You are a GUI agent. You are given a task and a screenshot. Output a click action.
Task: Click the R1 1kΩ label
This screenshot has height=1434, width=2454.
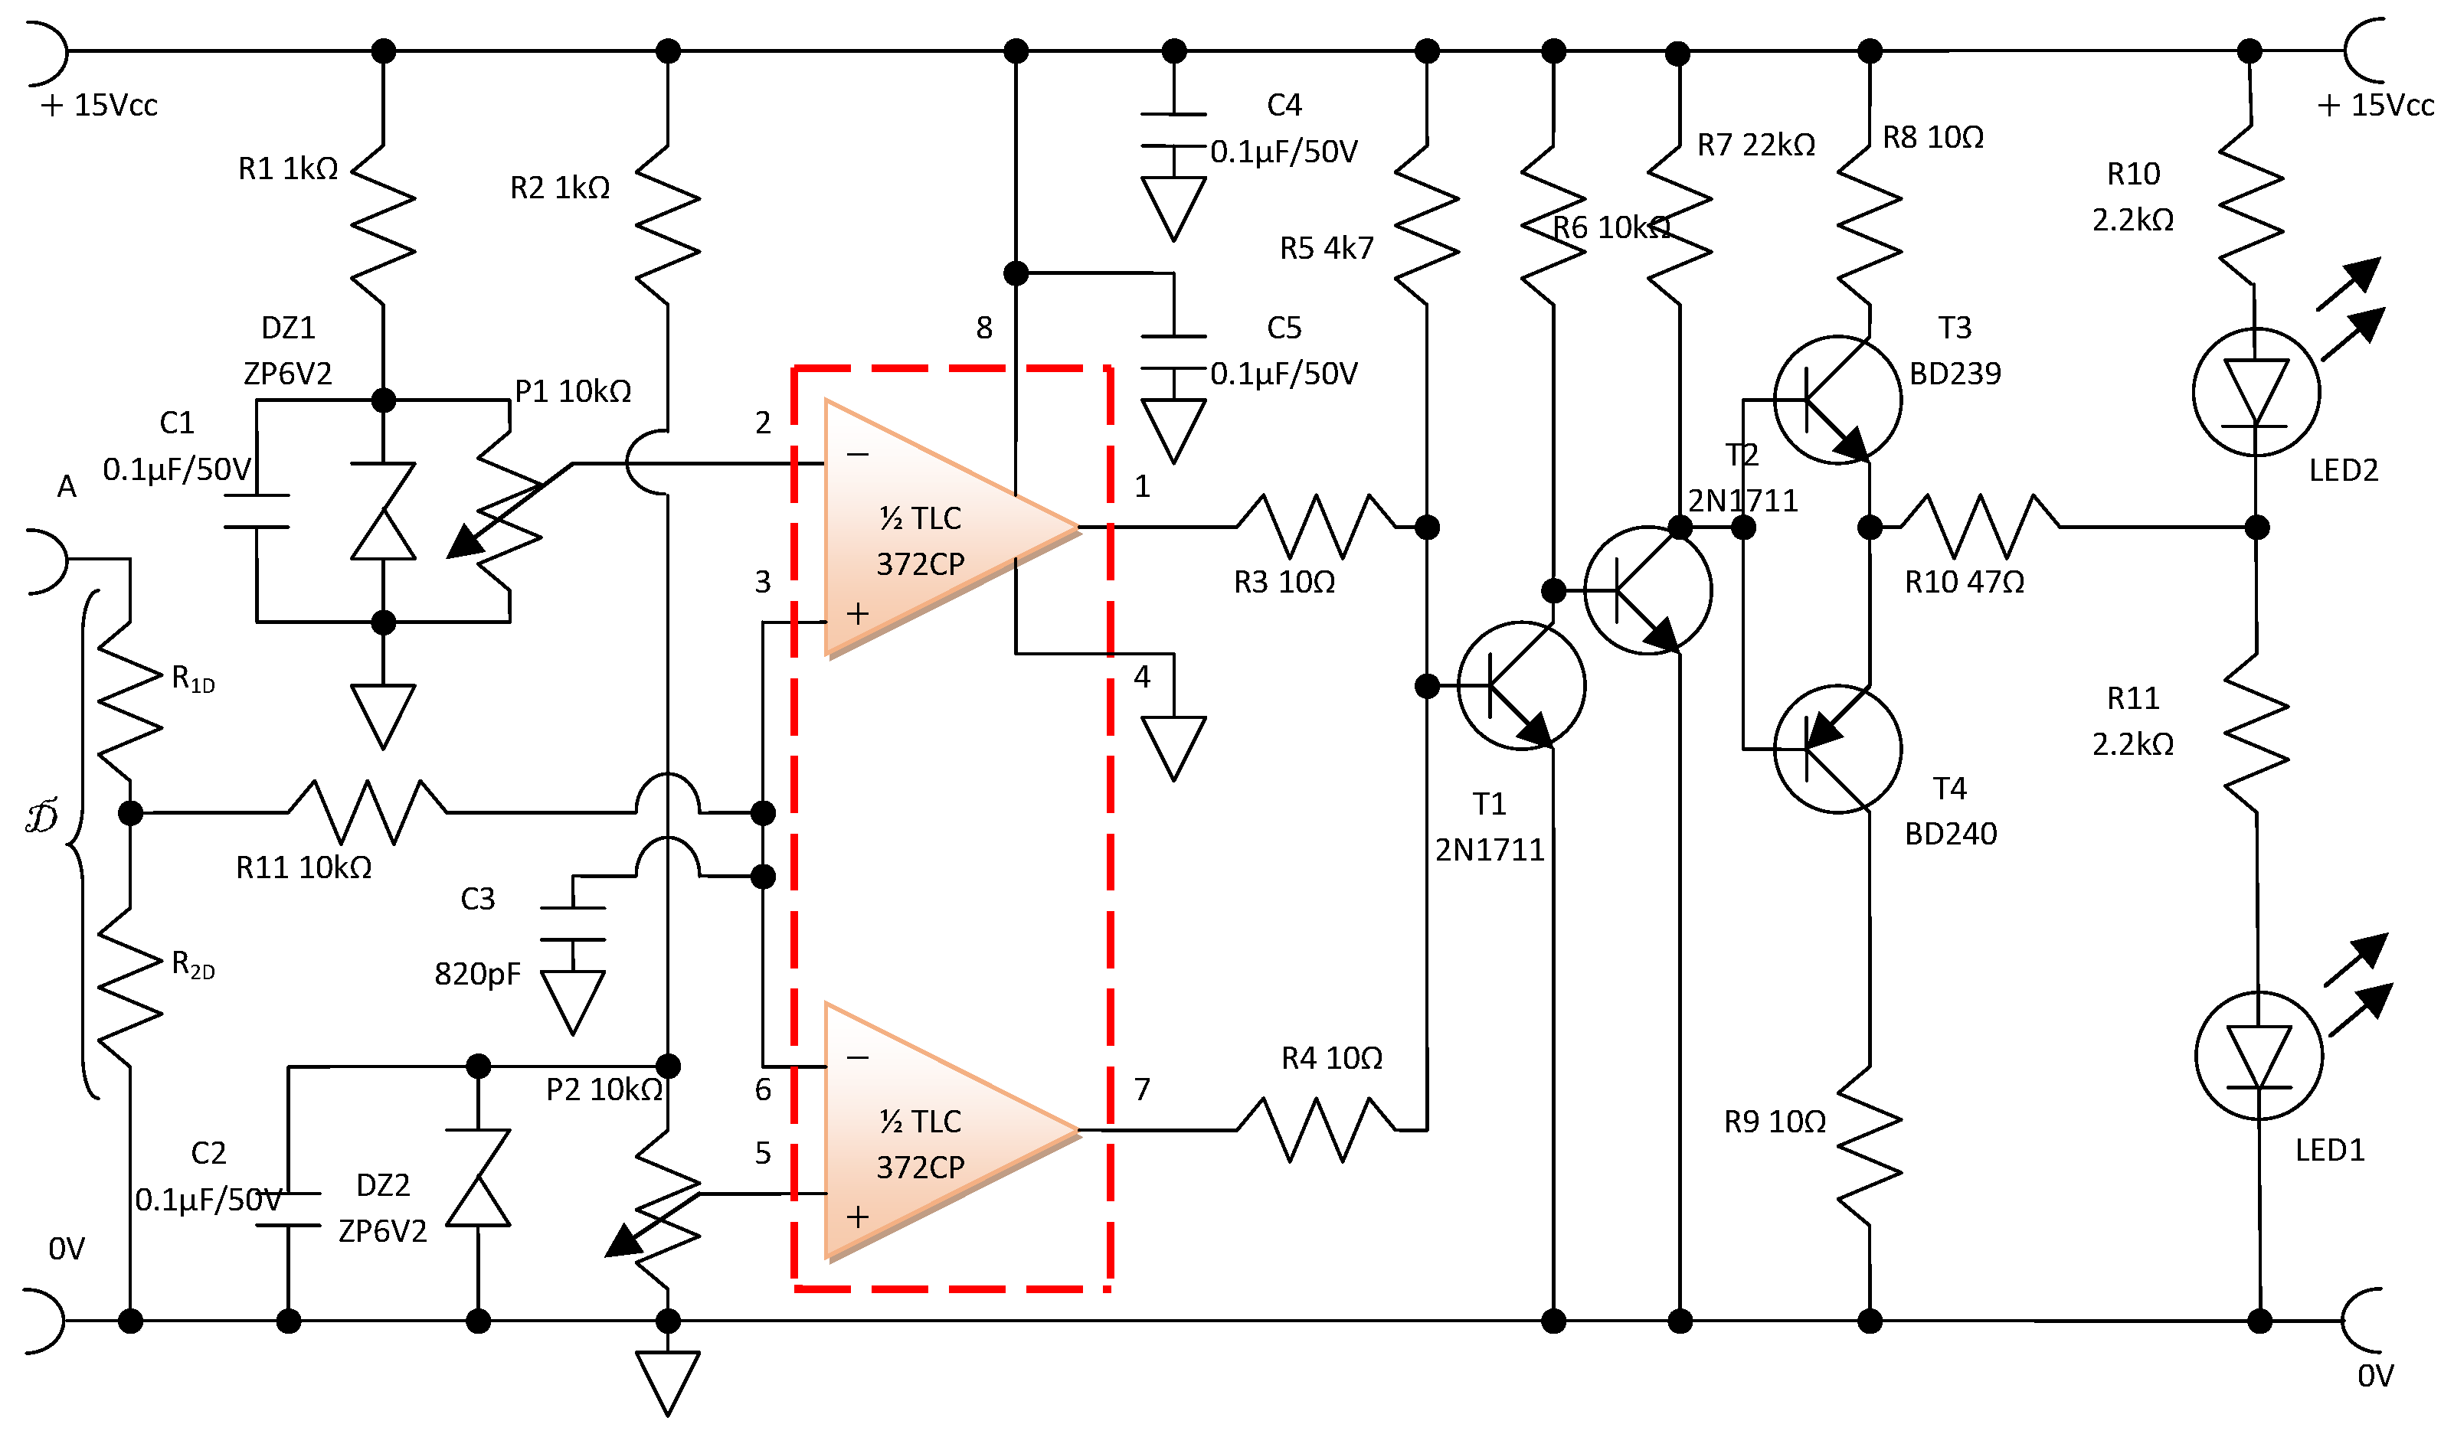click(x=288, y=168)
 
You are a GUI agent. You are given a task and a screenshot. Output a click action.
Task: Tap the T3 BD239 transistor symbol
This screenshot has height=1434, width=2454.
click(x=1837, y=399)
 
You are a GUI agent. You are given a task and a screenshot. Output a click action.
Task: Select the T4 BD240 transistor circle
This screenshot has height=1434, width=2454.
click(x=1837, y=749)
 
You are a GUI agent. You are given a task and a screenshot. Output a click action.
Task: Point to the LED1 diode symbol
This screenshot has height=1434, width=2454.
click(x=2258, y=1057)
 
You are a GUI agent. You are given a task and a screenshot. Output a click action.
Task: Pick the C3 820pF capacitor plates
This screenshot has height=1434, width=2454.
click(x=573, y=924)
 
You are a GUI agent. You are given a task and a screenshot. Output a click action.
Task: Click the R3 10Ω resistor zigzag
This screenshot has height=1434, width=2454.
click(x=1316, y=527)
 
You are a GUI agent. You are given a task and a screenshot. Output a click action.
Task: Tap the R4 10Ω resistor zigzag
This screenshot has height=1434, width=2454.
click(x=1316, y=1130)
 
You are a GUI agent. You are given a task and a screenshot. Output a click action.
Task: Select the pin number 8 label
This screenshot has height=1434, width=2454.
click(x=983, y=328)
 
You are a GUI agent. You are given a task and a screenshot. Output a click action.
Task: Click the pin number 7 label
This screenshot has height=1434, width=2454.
click(x=1142, y=1089)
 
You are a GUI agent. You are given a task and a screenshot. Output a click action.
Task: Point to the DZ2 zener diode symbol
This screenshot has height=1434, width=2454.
click(x=477, y=1178)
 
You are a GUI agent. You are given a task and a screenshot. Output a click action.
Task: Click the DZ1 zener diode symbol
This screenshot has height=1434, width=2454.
click(x=383, y=511)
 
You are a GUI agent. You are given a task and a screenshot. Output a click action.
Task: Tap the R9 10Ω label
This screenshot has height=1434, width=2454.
click(x=1775, y=1122)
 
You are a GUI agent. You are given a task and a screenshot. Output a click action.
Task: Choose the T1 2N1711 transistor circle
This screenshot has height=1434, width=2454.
click(x=1520, y=685)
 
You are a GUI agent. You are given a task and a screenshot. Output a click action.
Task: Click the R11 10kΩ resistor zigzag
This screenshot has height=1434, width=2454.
click(x=367, y=811)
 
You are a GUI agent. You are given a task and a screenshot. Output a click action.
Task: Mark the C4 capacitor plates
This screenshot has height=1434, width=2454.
click(x=1173, y=130)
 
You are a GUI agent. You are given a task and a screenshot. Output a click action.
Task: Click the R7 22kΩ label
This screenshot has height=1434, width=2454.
click(x=1755, y=145)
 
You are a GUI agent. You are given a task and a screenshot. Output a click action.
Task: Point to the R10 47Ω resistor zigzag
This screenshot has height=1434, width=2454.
click(x=1979, y=527)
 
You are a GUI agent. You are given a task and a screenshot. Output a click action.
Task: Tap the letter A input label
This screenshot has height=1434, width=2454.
click(x=66, y=486)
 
